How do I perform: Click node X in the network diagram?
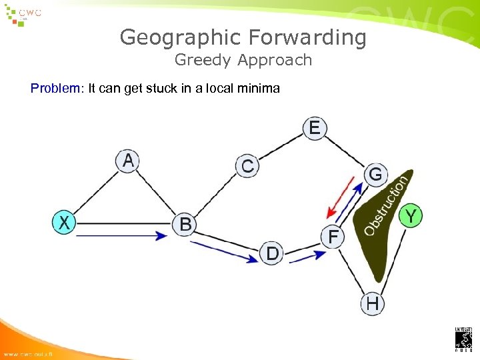(x=64, y=222)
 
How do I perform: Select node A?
(x=129, y=161)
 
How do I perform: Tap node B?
(x=185, y=225)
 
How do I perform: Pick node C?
(x=247, y=166)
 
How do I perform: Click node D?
(x=272, y=253)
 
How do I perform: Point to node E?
(x=315, y=127)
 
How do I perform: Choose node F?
(x=333, y=237)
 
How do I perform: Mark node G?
(x=375, y=175)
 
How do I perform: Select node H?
(x=372, y=304)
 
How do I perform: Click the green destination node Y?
(x=411, y=215)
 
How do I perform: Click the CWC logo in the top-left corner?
(x=27, y=14)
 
